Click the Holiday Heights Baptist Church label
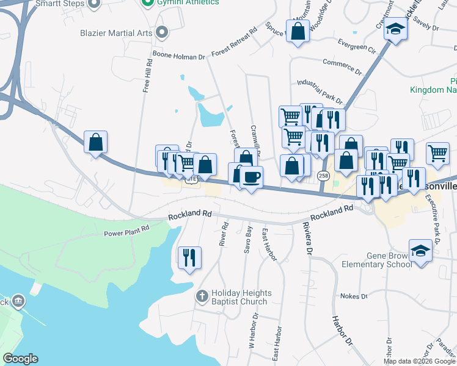click(x=239, y=297)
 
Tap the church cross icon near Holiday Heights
click(x=202, y=296)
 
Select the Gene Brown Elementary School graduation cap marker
click(x=420, y=251)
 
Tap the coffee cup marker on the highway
click(x=251, y=178)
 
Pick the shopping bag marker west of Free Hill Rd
click(x=96, y=143)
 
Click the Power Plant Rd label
click(x=126, y=232)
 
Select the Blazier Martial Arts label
click(x=115, y=32)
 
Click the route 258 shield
click(x=323, y=176)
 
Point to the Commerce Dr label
click(x=343, y=62)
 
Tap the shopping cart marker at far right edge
click(x=437, y=154)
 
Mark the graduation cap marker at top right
click(x=396, y=30)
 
